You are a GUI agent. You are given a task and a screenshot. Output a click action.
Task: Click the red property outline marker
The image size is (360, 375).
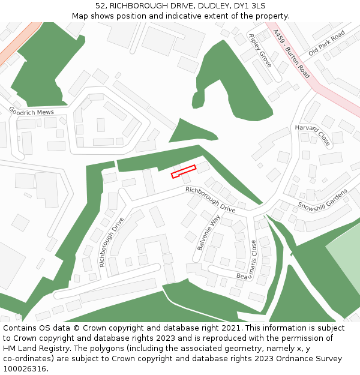184,172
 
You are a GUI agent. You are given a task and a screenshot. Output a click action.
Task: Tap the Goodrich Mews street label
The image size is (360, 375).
31,112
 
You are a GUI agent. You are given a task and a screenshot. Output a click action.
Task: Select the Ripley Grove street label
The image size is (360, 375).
260,50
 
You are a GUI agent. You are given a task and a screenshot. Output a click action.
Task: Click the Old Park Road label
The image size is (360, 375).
326,43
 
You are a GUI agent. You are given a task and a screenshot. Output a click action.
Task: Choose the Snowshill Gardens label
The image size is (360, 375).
323,199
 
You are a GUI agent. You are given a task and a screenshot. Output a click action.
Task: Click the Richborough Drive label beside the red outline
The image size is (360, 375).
210,199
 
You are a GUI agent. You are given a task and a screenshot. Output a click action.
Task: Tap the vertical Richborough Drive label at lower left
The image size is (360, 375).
111,242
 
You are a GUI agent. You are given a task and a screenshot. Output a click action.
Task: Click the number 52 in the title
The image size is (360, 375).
100,6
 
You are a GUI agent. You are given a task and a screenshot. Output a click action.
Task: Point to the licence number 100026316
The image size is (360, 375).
25,368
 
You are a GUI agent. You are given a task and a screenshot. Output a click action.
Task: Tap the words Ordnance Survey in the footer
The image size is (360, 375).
304,358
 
